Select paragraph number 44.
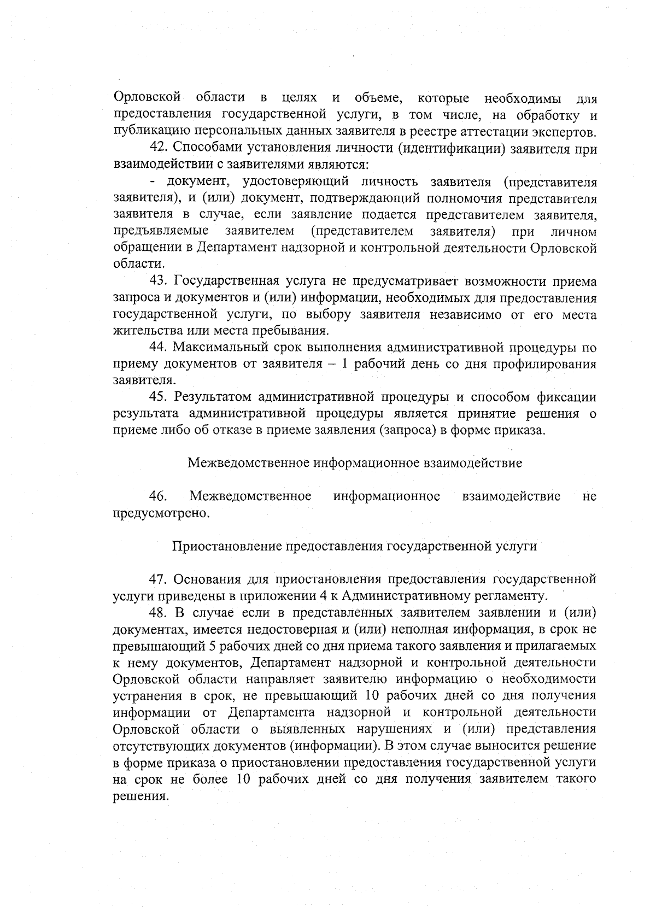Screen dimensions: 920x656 [158, 347]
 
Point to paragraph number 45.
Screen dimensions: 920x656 [158, 397]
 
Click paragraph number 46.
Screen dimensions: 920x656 [158, 496]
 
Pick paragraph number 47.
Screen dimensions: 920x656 [158, 579]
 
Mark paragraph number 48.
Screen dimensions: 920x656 [158, 612]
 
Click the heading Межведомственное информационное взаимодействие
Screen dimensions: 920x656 [354, 463]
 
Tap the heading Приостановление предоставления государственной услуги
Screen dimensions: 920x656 [354, 546]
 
